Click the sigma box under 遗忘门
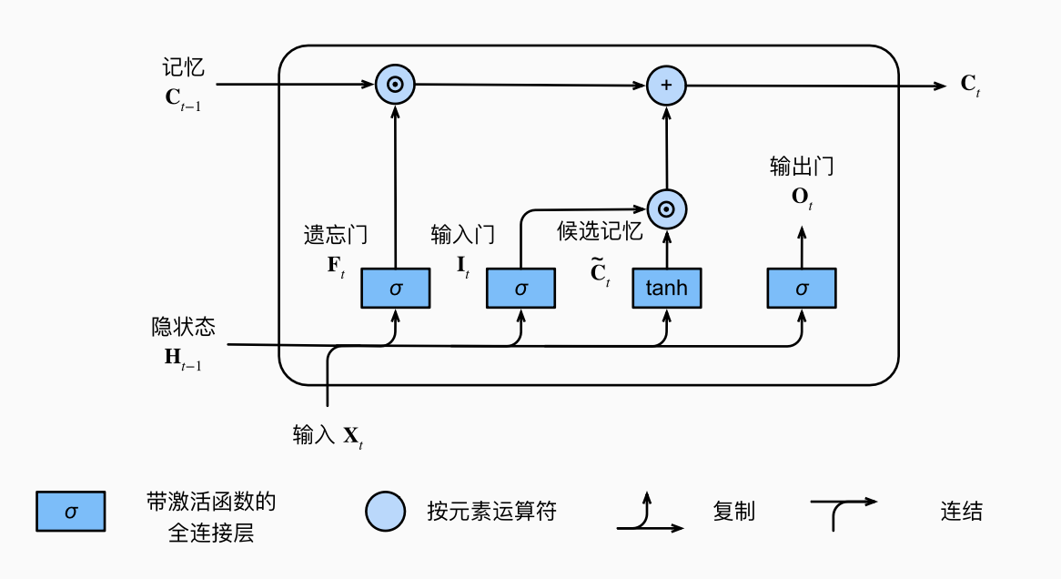click(395, 289)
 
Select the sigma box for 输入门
click(520, 289)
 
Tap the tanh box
click(666, 289)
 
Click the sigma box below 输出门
click(801, 289)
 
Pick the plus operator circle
click(666, 86)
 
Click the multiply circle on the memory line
click(395, 86)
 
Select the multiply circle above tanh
click(666, 209)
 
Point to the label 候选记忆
click(600, 231)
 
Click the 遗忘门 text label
click(336, 235)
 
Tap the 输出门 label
click(801, 167)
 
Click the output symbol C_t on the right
click(970, 86)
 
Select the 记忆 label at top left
click(184, 67)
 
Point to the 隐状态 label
click(184, 326)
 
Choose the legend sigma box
click(71, 512)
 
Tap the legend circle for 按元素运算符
click(385, 512)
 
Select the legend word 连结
click(962, 512)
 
